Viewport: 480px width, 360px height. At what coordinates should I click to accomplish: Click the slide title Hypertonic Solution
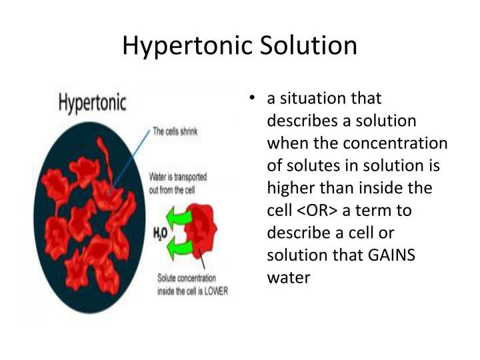[x=240, y=45]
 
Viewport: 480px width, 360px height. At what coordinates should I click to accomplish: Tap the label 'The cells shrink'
[x=175, y=131]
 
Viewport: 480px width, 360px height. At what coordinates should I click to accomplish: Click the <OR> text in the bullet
[x=317, y=211]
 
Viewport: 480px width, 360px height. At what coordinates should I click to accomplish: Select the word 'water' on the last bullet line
[x=288, y=277]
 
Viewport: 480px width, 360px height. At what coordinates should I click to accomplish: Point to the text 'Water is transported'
[x=177, y=178]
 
